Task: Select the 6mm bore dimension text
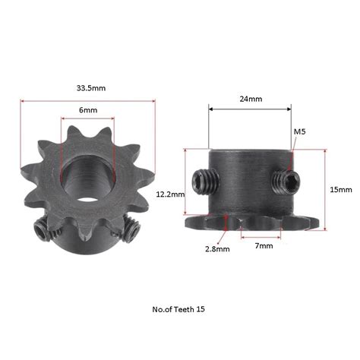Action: (88, 110)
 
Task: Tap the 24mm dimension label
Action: (251, 99)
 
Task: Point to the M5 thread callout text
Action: (299, 132)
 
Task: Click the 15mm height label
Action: (342, 188)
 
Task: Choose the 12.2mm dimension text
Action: (169, 194)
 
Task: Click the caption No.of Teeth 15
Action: (179, 309)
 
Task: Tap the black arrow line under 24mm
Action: (250, 109)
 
